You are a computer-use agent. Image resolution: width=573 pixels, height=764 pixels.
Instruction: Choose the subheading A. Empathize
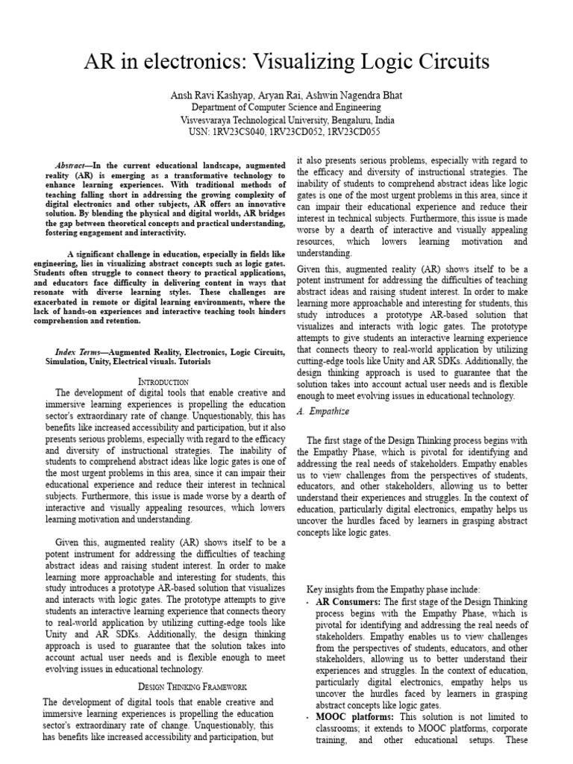(322, 411)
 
